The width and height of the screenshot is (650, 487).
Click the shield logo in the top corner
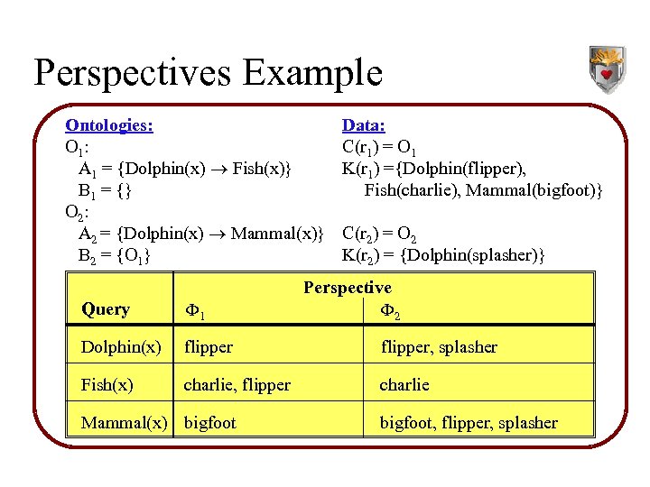point(607,69)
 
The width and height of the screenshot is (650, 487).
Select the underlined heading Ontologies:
point(109,125)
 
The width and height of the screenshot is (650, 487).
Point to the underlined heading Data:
point(364,125)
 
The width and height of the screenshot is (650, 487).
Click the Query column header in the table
point(106,309)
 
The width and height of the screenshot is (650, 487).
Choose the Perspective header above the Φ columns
point(348,288)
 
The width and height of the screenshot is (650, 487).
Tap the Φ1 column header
point(195,313)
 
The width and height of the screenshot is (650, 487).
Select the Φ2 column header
point(390,313)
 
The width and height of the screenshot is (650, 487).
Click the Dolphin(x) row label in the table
point(121,347)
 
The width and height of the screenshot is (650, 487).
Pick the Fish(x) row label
point(107,385)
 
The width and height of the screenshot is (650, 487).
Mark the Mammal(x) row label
point(125,423)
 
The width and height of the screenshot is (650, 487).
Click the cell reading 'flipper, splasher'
point(439,347)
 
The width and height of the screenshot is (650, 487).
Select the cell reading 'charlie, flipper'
point(237,385)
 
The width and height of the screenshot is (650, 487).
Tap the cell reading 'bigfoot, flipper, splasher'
point(469,423)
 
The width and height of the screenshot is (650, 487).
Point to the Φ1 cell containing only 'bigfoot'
point(210,423)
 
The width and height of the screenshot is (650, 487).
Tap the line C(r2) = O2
point(379,235)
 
